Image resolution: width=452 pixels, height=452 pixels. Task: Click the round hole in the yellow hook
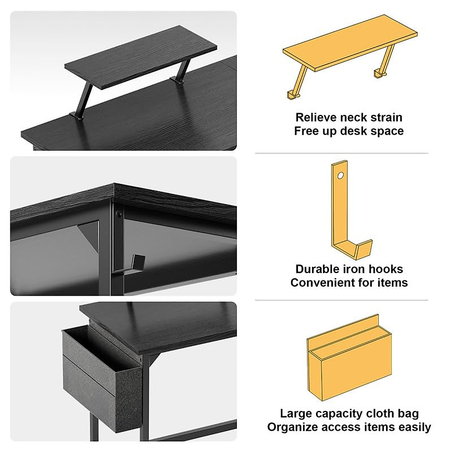click(x=341, y=176)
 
